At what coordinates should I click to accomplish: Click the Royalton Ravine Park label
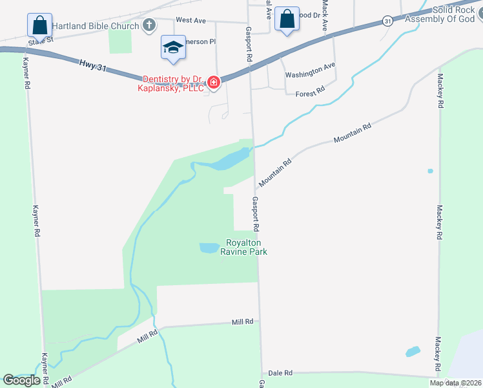[x=245, y=248]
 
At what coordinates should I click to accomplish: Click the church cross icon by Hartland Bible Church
[x=149, y=26]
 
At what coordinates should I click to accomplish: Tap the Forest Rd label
[x=310, y=94]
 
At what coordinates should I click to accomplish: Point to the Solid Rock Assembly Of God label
[x=440, y=15]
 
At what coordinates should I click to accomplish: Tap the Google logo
[x=22, y=380]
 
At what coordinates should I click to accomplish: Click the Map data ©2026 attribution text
[x=455, y=383]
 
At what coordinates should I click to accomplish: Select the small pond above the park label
[x=209, y=248]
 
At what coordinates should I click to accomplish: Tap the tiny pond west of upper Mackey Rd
[x=430, y=171]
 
